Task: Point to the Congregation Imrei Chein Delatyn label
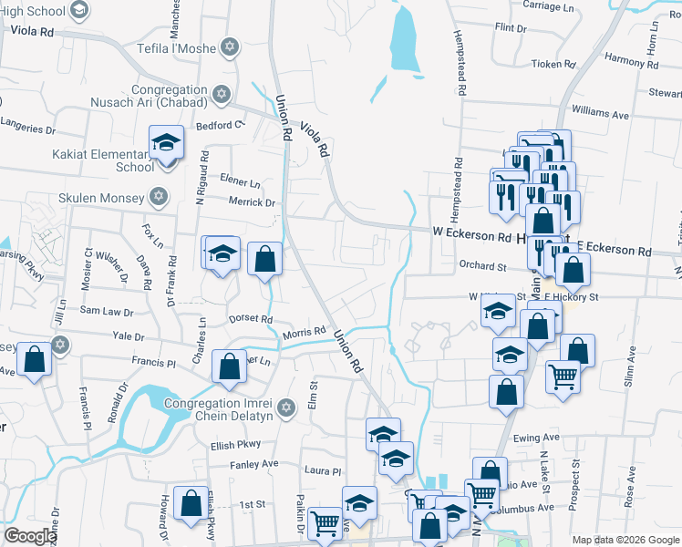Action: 219,410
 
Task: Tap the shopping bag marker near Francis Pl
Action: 229,366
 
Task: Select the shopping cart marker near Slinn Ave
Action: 563,375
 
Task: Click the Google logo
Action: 30,536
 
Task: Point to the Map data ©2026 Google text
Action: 625,540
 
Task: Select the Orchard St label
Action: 482,267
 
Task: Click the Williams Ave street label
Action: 601,115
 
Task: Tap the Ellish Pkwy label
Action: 236,445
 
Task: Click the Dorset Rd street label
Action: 253,319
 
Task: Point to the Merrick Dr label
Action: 252,202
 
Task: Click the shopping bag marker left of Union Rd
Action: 264,258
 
